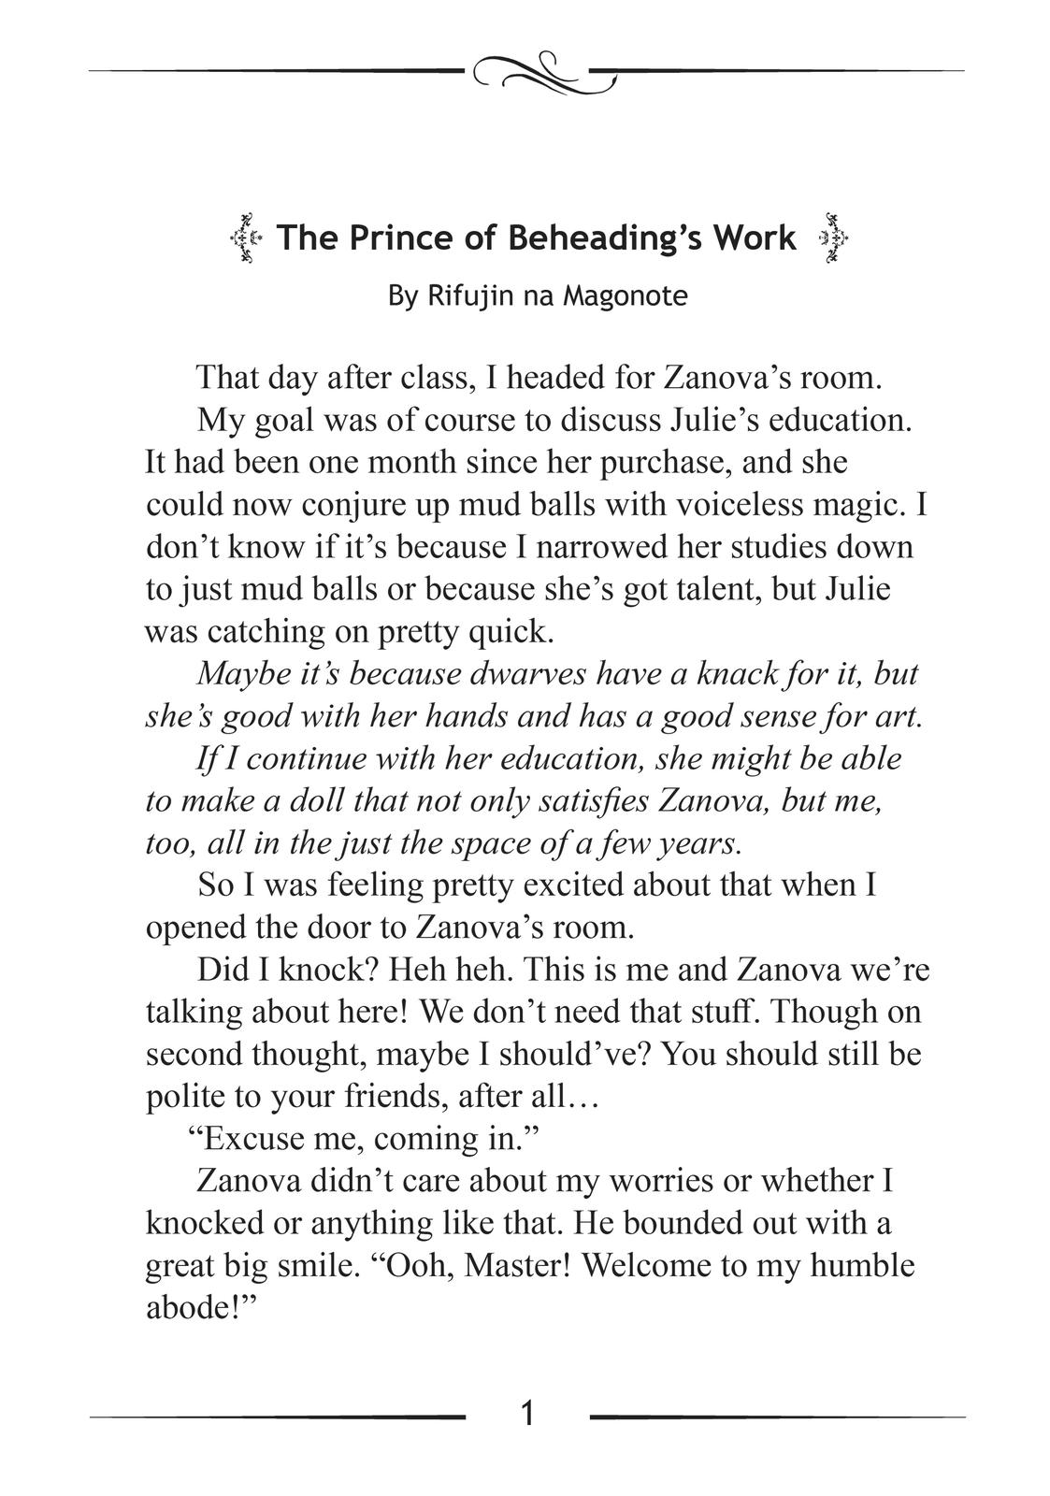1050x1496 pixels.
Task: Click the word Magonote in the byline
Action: coord(625,296)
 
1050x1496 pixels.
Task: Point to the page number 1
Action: coord(527,1413)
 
